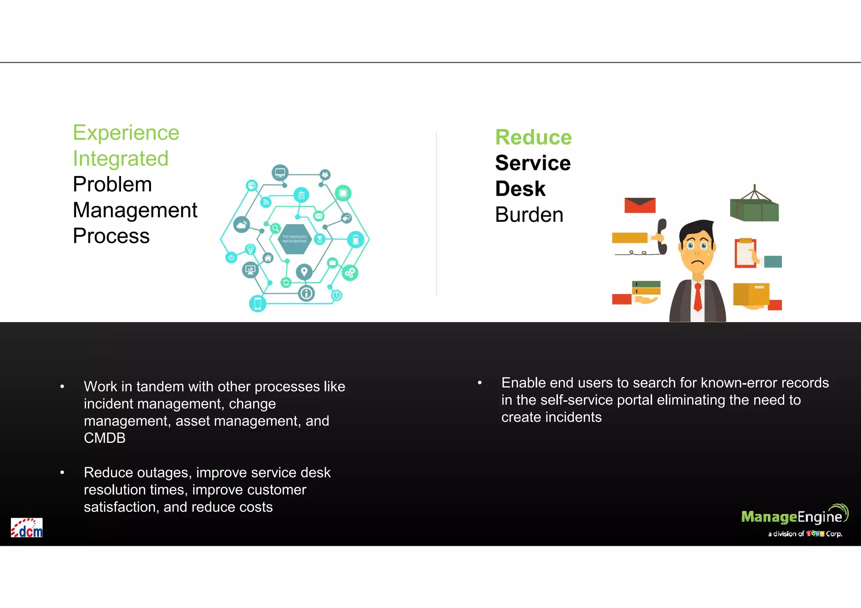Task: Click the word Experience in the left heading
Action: click(x=126, y=133)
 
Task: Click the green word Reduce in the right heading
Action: click(x=533, y=137)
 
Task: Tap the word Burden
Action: click(x=529, y=215)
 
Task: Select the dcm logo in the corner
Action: click(x=26, y=528)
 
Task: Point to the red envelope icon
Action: click(x=639, y=205)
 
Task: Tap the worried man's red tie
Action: click(x=698, y=297)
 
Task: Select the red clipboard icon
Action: click(x=745, y=253)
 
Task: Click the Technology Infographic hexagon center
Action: click(x=295, y=239)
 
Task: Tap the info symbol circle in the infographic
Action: click(x=306, y=293)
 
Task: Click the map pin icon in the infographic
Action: click(x=304, y=272)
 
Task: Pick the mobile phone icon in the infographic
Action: click(x=258, y=303)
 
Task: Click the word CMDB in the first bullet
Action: click(x=105, y=438)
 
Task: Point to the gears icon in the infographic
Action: click(x=350, y=273)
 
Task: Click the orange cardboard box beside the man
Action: click(x=751, y=294)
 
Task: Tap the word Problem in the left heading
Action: click(x=112, y=184)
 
